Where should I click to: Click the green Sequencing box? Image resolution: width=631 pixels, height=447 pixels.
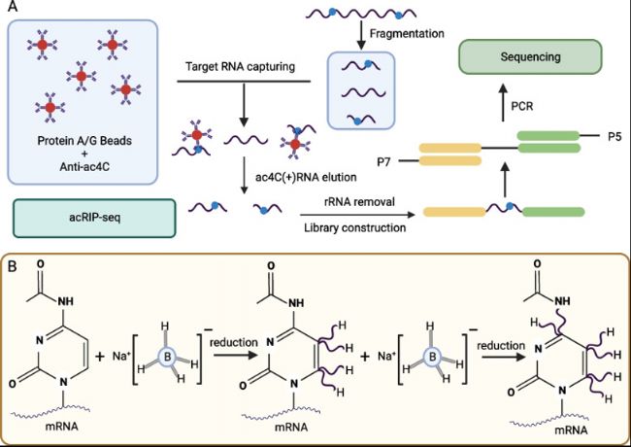pos(530,56)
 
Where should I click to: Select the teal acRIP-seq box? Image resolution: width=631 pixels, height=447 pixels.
pos(94,218)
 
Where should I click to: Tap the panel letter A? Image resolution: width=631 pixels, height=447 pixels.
pos(13,7)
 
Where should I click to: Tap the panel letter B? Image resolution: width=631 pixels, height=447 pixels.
pos(13,266)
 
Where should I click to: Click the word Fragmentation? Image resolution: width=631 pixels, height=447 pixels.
pos(407,33)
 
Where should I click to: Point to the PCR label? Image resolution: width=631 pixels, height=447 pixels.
pos(522,106)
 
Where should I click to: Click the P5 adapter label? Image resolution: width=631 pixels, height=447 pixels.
pos(614,137)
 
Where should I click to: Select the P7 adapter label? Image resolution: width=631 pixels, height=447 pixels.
pos(383,162)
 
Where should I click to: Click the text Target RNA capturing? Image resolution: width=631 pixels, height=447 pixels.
pos(240,66)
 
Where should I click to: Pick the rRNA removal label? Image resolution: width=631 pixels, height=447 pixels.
pos(359,201)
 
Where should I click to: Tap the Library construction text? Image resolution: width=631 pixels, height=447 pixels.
pos(355,228)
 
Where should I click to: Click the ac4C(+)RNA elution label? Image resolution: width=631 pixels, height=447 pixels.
pos(306,177)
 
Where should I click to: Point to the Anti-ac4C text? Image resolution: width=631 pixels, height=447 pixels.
pos(84,166)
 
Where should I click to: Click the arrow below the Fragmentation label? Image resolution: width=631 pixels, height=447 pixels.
pos(361,35)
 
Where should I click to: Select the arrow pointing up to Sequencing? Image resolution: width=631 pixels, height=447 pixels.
pos(503,102)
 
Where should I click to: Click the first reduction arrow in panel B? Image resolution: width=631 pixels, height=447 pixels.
pos(236,356)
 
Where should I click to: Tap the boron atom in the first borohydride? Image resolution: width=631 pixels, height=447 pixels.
pos(165,356)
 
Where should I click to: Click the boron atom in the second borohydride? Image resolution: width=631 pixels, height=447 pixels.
pos(433,357)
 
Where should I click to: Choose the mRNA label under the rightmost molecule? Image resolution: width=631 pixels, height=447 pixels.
pos(571,430)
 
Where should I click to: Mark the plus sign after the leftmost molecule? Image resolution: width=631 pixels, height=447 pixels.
pos(99,357)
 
